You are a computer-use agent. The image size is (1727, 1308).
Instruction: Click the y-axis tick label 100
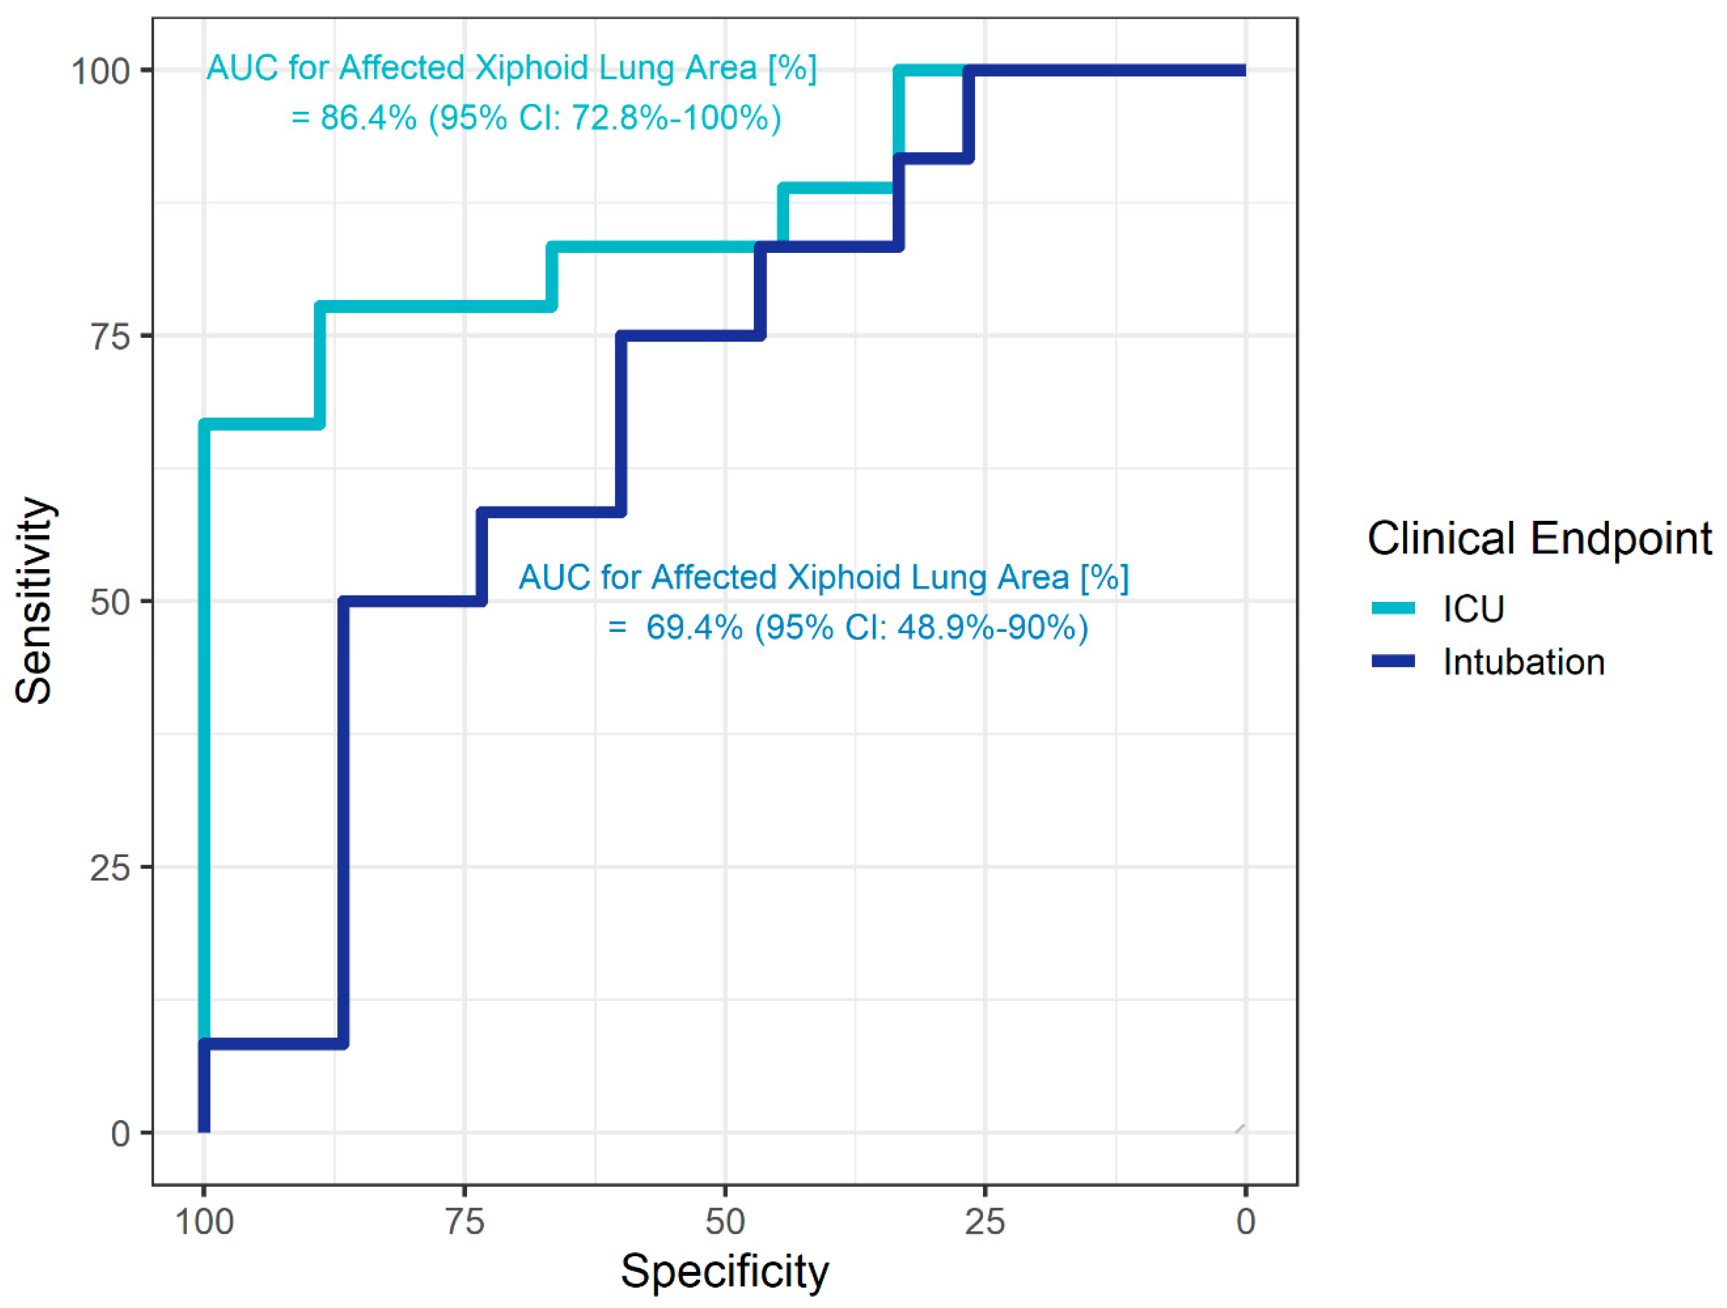pyautogui.click(x=100, y=71)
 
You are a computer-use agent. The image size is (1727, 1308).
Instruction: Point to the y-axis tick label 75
pyautogui.click(x=110, y=337)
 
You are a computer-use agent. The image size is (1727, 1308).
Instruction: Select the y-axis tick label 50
pyautogui.click(x=110, y=602)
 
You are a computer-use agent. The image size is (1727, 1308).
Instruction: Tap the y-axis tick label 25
pyautogui.click(x=110, y=868)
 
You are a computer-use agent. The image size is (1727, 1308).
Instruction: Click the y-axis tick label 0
pyautogui.click(x=120, y=1133)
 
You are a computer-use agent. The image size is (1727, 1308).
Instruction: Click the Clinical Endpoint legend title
pyautogui.click(x=1540, y=539)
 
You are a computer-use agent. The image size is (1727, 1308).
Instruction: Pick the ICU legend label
pyautogui.click(x=1473, y=609)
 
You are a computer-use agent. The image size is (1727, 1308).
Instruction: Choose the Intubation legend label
pyautogui.click(x=1524, y=662)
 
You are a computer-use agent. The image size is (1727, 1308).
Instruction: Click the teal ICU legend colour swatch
pyautogui.click(x=1394, y=609)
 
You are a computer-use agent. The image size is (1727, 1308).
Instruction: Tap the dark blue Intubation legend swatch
pyautogui.click(x=1394, y=662)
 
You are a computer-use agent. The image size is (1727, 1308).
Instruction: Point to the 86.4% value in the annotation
pyautogui.click(x=368, y=118)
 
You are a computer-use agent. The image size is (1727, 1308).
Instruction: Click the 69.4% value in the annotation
pyautogui.click(x=695, y=627)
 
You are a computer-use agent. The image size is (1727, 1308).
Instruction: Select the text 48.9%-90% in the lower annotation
pyautogui.click(x=986, y=627)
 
